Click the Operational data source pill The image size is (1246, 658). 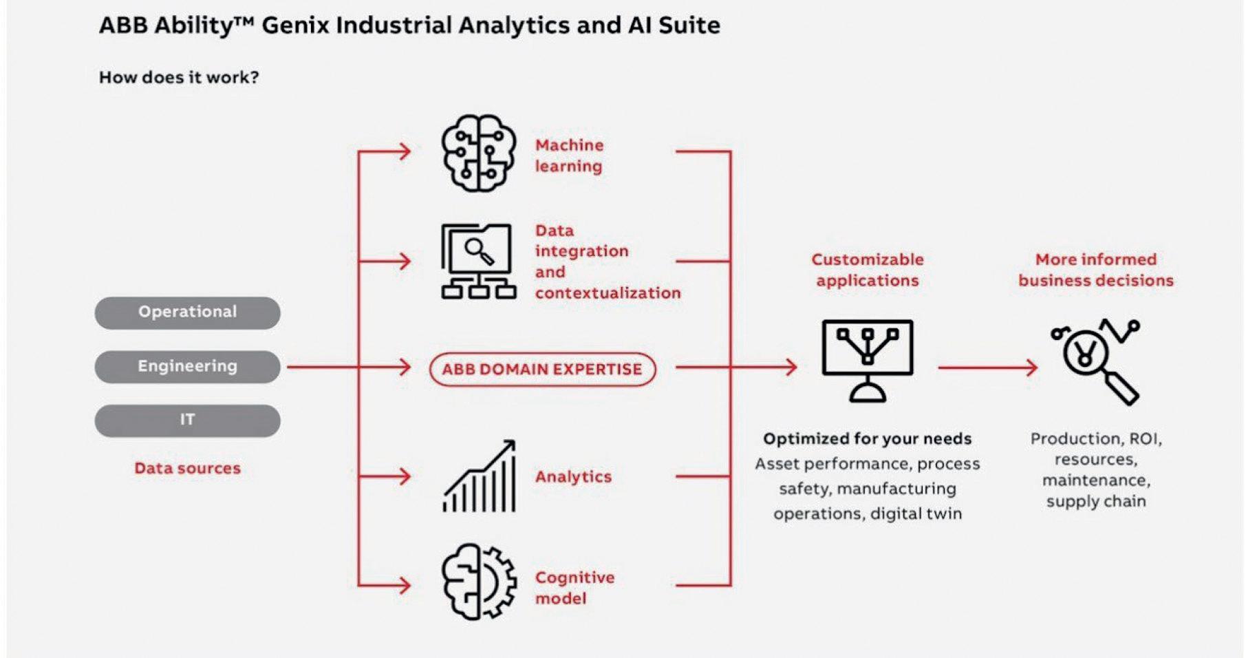point(187,312)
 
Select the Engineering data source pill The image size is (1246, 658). point(187,366)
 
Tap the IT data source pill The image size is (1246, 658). point(187,420)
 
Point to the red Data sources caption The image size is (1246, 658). point(187,468)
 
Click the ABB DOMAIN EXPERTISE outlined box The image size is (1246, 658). point(542,369)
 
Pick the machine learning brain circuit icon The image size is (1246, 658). point(478,153)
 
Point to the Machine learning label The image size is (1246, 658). point(569,156)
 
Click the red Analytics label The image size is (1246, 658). point(573,476)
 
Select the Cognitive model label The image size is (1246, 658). point(574,587)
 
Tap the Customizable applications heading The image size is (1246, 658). point(868,270)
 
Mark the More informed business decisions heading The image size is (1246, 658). point(1096,270)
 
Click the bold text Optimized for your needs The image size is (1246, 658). point(868,438)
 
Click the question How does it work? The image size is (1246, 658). point(179,77)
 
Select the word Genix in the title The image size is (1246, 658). point(296,25)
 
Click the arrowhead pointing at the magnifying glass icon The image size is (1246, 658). point(1032,368)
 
